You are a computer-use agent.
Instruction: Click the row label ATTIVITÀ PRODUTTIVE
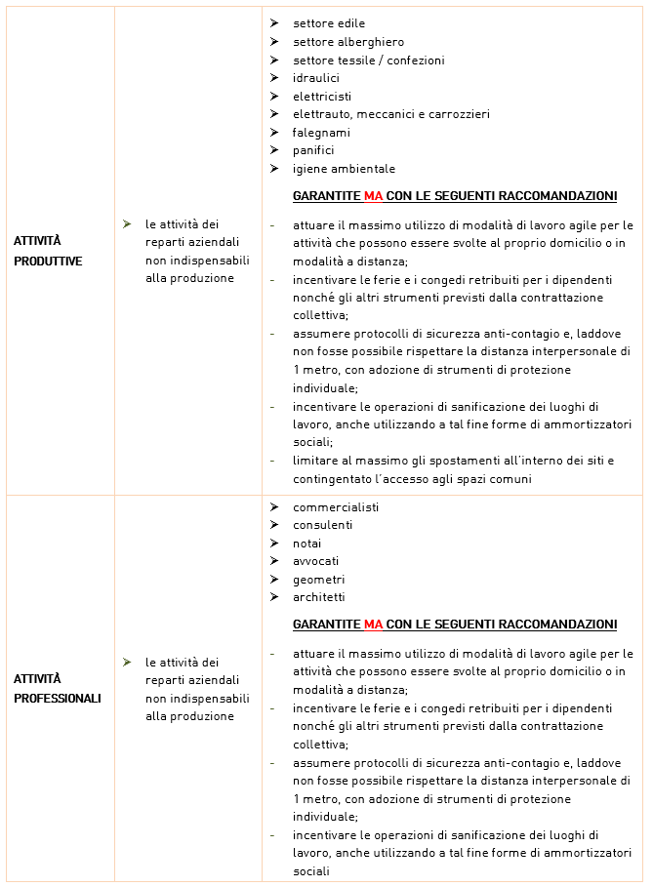click(48, 251)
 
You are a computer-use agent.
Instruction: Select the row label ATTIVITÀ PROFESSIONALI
click(57, 688)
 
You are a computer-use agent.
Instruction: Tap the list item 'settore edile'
click(329, 23)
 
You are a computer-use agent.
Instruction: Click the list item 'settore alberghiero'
click(348, 42)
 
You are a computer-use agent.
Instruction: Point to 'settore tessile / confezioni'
click(368, 60)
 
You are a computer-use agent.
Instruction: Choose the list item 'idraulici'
click(316, 78)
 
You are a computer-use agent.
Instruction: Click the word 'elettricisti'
click(322, 97)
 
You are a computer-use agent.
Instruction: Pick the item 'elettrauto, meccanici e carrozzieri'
click(390, 114)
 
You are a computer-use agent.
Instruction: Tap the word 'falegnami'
click(321, 133)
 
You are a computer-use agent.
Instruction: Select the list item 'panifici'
click(313, 150)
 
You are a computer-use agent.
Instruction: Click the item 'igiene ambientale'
click(344, 169)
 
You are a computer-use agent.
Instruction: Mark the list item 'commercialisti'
click(336, 507)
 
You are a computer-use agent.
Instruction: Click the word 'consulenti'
click(322, 525)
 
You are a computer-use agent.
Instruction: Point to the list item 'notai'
click(306, 544)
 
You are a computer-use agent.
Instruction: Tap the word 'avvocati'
click(316, 561)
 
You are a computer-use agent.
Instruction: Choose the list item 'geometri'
click(318, 580)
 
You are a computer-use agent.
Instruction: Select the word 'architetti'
click(318, 597)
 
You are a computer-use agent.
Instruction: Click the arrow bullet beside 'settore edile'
click(274, 23)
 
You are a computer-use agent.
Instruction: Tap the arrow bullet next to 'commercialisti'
click(274, 507)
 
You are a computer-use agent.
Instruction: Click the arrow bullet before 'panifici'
click(274, 150)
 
